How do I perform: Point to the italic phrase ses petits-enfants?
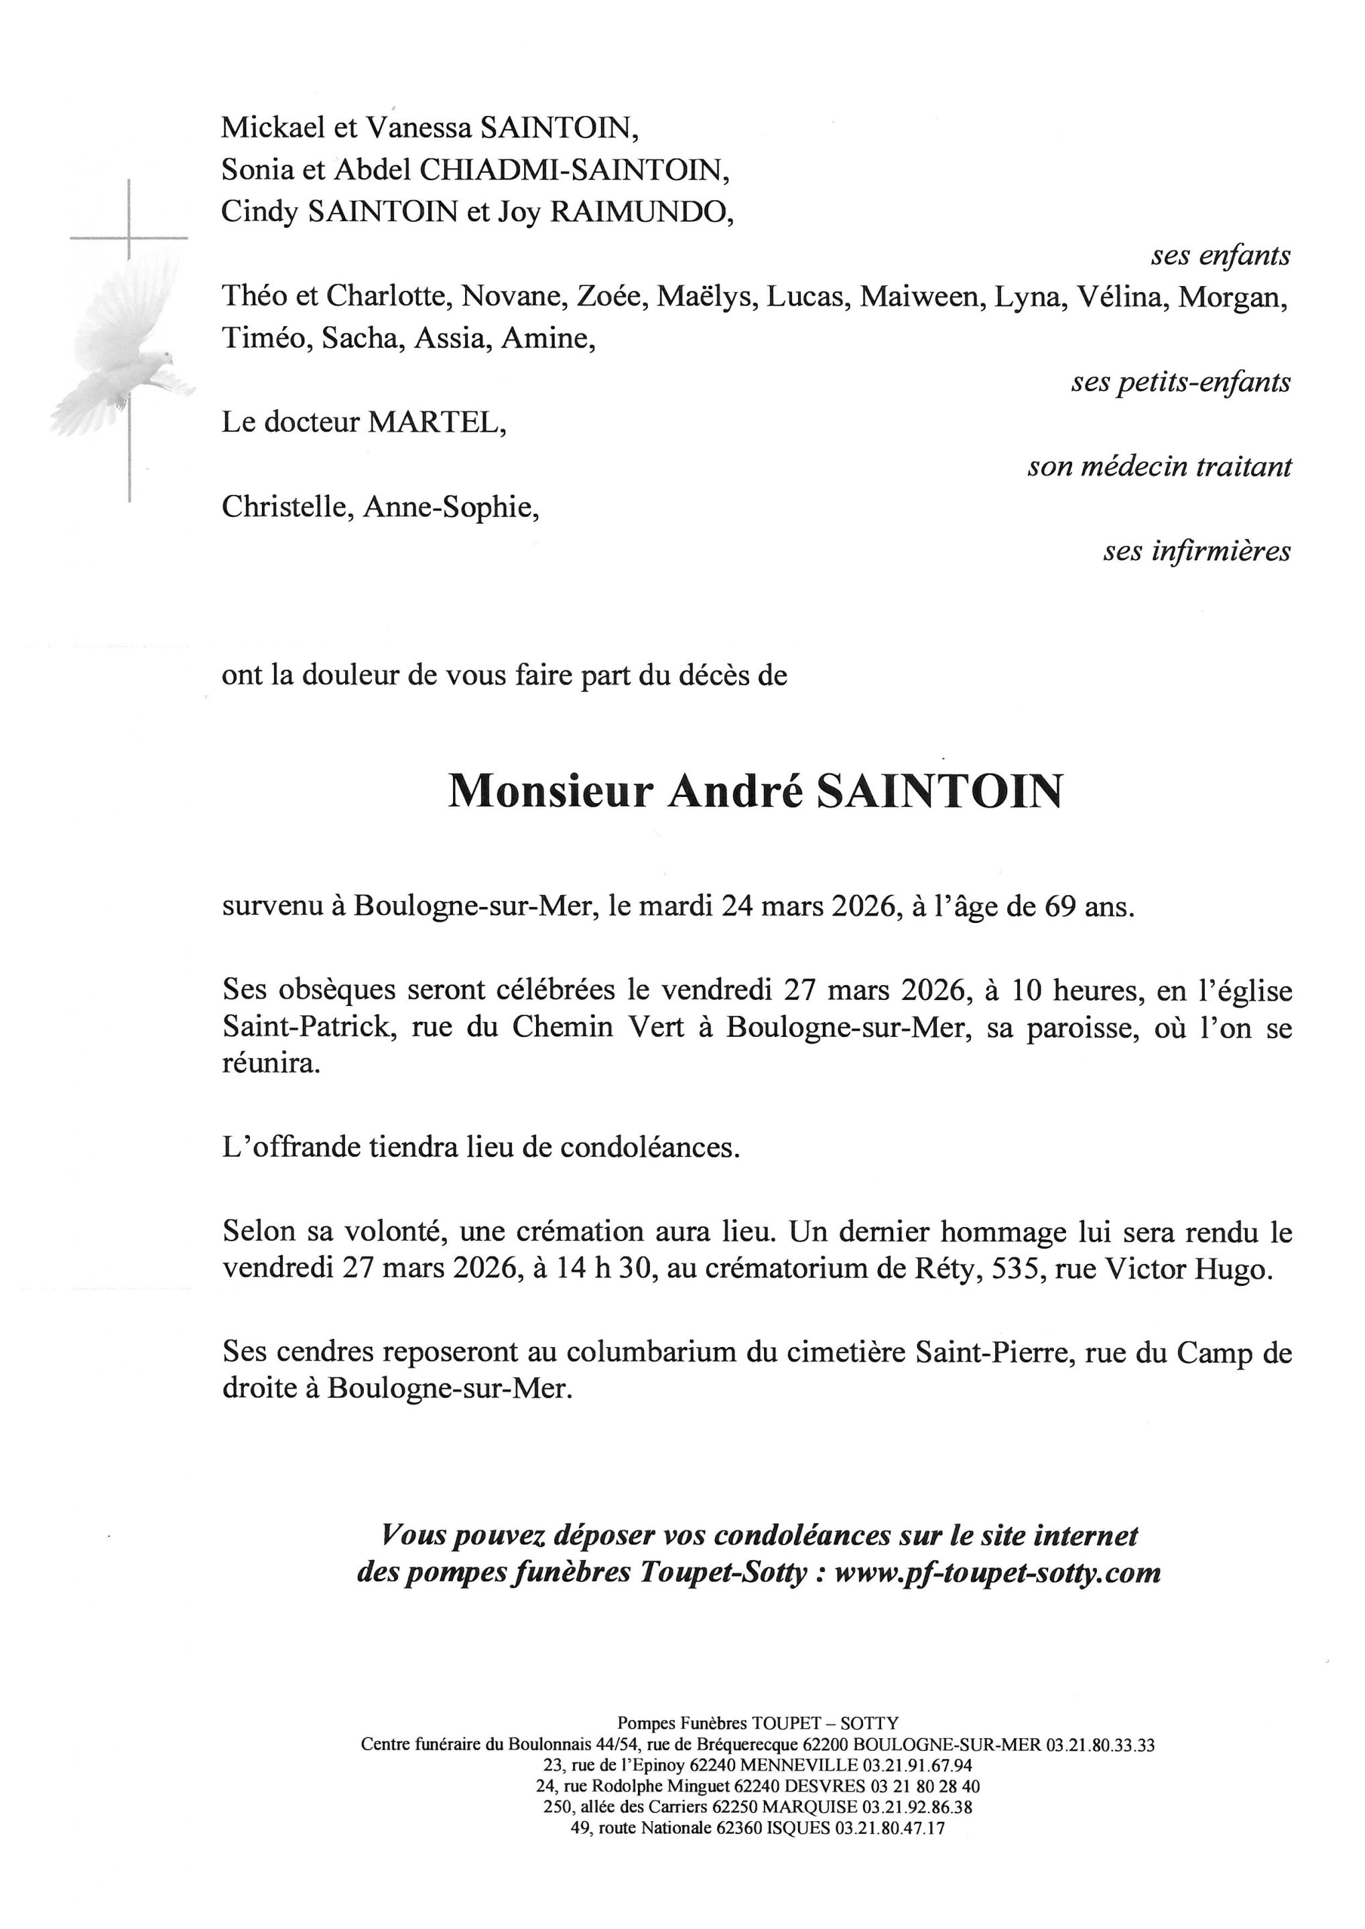[x=1180, y=382]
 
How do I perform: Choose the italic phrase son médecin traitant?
[x=1159, y=466]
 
